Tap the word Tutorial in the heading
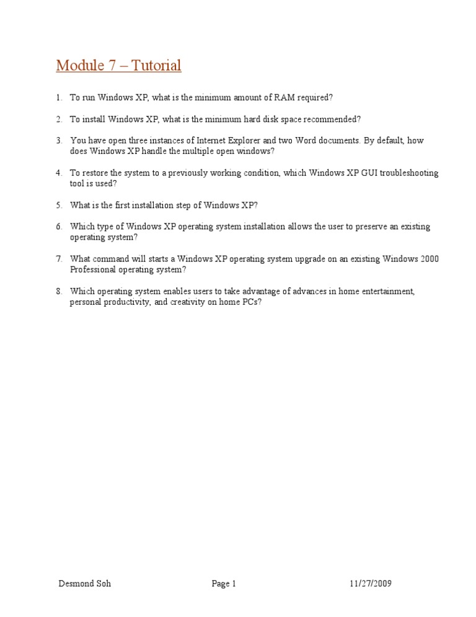pyautogui.click(x=155, y=65)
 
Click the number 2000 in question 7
pyautogui.click(x=429, y=259)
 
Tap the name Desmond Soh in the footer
pyautogui.click(x=85, y=583)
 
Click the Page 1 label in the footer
pyautogui.click(x=224, y=583)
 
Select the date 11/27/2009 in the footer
pyautogui.click(x=370, y=583)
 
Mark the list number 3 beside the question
pyautogui.click(x=58, y=141)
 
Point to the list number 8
pyautogui.click(x=58, y=291)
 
